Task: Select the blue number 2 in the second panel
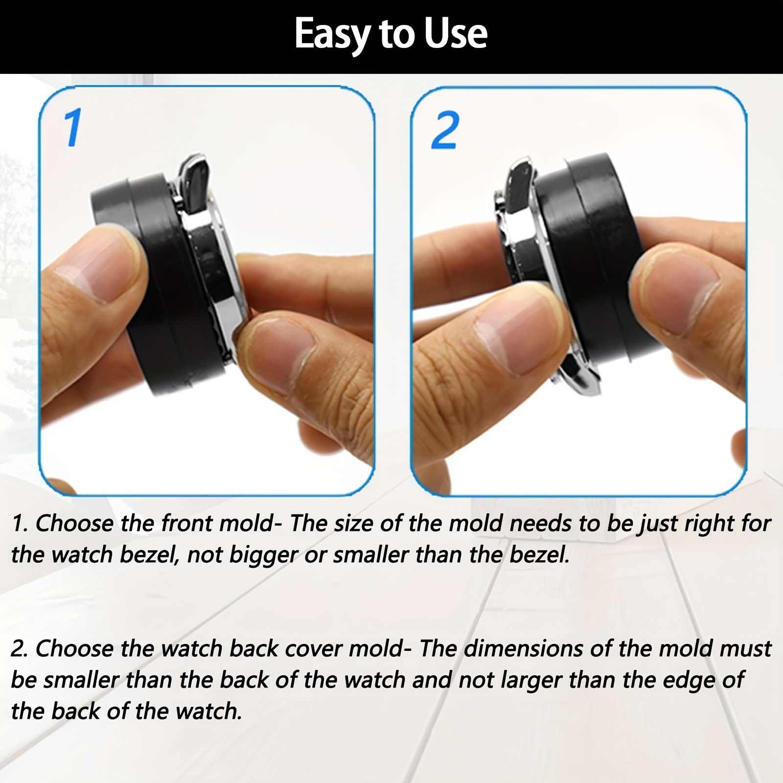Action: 445,130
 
